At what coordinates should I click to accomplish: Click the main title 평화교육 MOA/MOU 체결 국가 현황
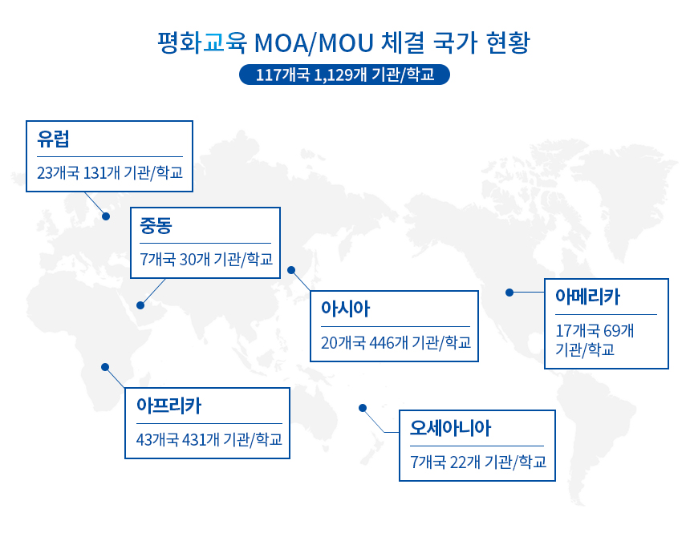[x=344, y=42]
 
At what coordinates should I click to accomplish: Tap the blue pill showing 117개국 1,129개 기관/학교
[x=344, y=75]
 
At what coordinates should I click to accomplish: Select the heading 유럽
[x=53, y=139]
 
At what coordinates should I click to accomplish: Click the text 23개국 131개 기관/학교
[x=109, y=172]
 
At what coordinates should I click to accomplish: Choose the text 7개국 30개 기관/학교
[x=205, y=259]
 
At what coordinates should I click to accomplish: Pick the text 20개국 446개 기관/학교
[x=396, y=343]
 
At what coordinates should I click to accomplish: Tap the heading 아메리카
[x=587, y=297]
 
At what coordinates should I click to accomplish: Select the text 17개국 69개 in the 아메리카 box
[x=595, y=330]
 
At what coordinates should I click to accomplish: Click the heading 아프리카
[x=168, y=406]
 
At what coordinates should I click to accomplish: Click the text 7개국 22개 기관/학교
[x=477, y=462]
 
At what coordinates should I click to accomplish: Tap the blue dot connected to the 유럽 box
[x=106, y=216]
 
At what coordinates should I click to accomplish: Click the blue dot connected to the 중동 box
[x=140, y=305]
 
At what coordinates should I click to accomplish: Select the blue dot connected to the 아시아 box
[x=291, y=270]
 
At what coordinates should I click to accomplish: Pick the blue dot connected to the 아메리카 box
[x=509, y=293]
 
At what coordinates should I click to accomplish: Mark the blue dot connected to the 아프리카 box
[x=104, y=366]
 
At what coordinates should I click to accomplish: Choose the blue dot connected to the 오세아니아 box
[x=362, y=407]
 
